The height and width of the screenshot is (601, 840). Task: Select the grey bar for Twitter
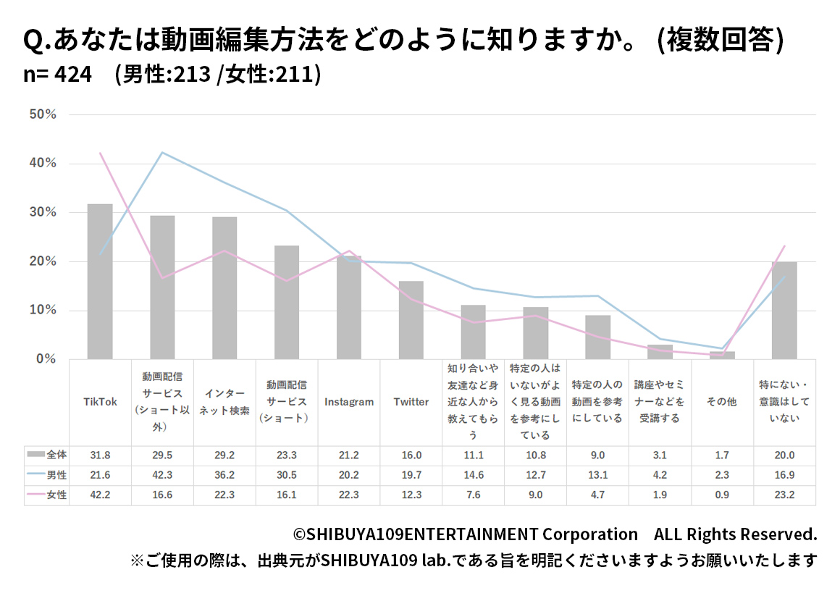411,319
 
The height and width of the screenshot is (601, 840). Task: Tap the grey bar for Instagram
348,307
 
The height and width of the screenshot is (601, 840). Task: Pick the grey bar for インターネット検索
224,287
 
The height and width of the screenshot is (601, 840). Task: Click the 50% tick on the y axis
43,114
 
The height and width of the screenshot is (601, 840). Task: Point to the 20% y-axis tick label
43,261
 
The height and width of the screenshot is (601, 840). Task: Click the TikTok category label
100,403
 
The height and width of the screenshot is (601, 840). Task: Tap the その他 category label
721,403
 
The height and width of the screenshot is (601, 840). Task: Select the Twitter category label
411,403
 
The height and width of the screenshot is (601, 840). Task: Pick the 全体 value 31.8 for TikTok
100,455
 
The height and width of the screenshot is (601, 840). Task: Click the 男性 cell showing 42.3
162,475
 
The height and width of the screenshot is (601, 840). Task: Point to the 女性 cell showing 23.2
784,495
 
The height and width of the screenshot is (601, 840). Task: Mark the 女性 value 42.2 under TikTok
100,495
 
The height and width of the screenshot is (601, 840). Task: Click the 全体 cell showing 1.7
721,455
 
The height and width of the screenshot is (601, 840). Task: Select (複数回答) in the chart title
720,41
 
